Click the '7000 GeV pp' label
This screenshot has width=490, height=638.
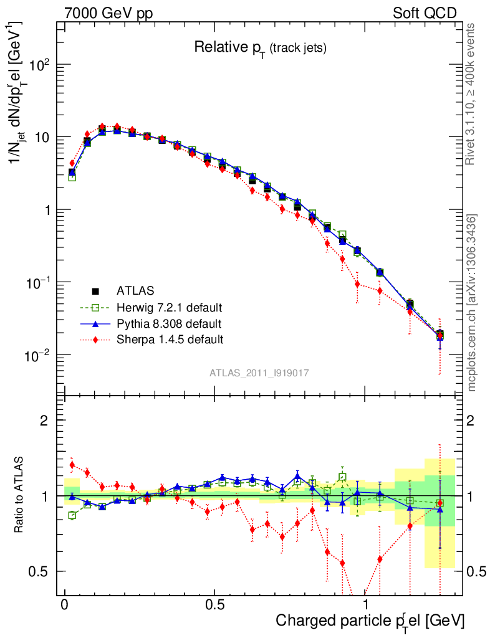[x=108, y=13]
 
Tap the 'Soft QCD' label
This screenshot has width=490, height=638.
[x=425, y=13]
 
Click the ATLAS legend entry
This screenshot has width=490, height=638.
[x=135, y=290]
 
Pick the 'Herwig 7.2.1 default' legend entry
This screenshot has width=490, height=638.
[x=169, y=307]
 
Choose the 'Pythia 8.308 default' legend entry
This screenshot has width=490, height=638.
[x=169, y=323]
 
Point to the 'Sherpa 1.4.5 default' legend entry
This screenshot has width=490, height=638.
[x=169, y=340]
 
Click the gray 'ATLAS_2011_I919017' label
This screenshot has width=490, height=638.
[x=259, y=373]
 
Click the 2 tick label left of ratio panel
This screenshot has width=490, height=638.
[x=44, y=421]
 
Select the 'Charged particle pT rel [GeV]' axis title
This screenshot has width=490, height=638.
[x=370, y=621]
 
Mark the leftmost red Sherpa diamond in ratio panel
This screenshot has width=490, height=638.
[x=72, y=464]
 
